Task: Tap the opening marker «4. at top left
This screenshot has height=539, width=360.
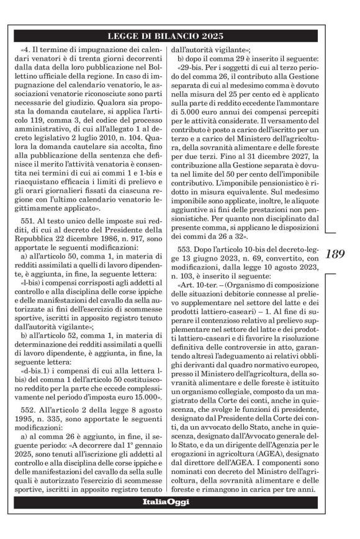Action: pyautogui.click(x=25, y=49)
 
